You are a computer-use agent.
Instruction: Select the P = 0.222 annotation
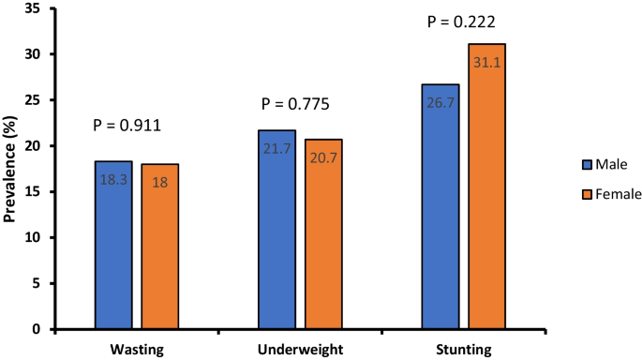point(461,22)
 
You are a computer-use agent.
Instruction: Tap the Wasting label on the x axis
point(136,351)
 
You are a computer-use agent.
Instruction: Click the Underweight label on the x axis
point(300,351)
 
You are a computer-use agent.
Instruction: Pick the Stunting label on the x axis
point(463,351)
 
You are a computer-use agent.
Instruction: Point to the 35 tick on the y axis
point(34,8)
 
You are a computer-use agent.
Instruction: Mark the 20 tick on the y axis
point(34,146)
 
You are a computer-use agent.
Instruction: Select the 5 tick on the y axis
point(37,284)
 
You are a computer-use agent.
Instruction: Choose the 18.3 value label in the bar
point(112,179)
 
